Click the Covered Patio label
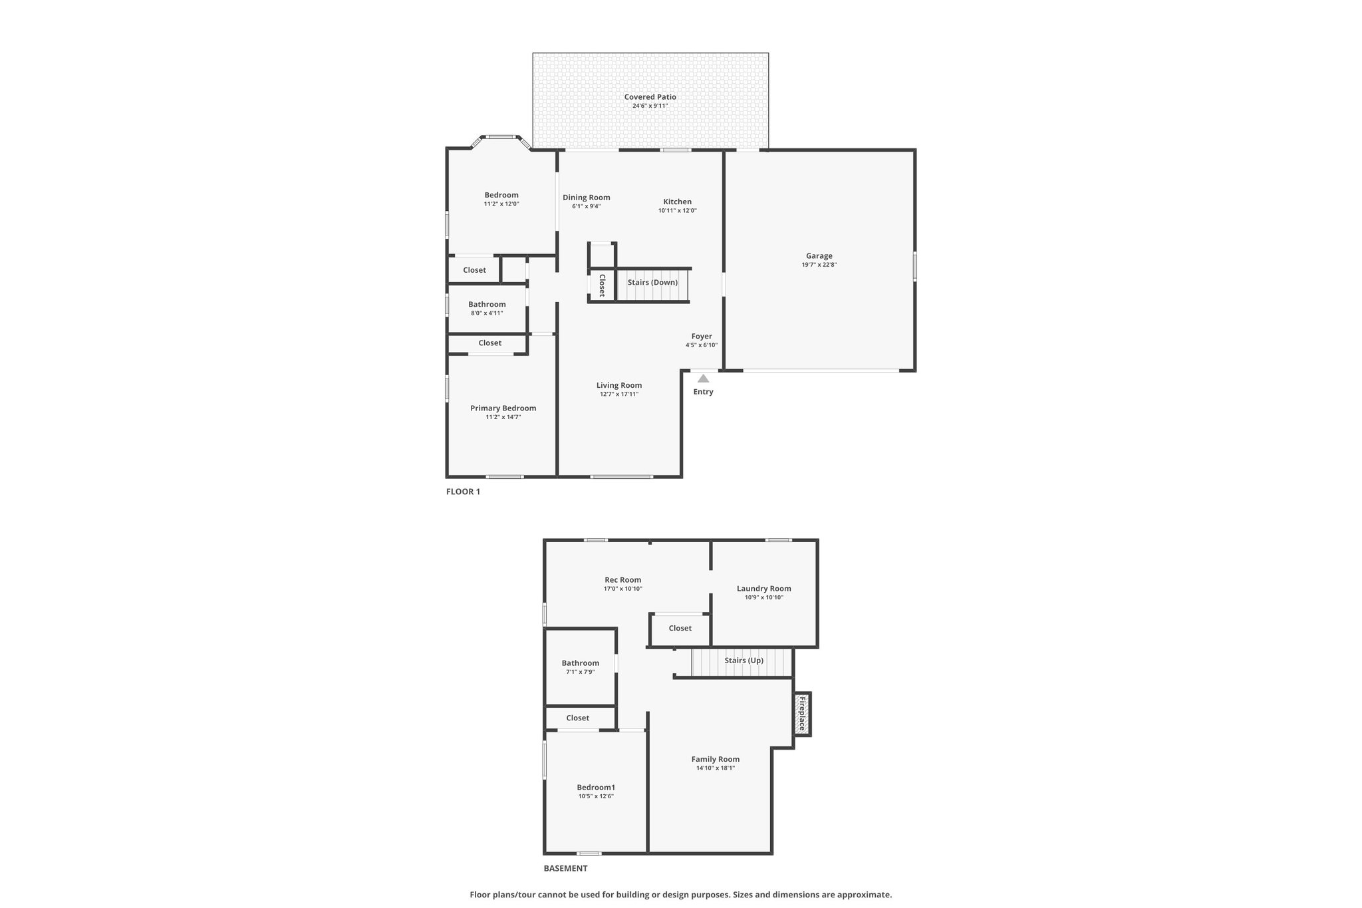tap(650, 97)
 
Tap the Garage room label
tap(819, 255)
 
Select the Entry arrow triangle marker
tap(703, 378)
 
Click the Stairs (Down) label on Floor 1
tap(652, 282)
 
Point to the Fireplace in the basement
tap(802, 714)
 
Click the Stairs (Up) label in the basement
tap(744, 661)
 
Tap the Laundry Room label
tap(763, 588)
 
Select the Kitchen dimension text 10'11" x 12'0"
tap(677, 211)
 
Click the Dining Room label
tap(586, 198)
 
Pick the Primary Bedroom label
tap(503, 408)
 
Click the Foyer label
tap(702, 337)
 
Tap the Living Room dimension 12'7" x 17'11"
tap(618, 394)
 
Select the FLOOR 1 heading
tap(463, 492)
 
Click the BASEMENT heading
tap(565, 868)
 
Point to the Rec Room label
tap(622, 580)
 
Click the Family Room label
tap(715, 759)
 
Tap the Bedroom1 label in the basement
tap(595, 788)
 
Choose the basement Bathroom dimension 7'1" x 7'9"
tap(580, 672)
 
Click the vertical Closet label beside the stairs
tap(602, 285)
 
